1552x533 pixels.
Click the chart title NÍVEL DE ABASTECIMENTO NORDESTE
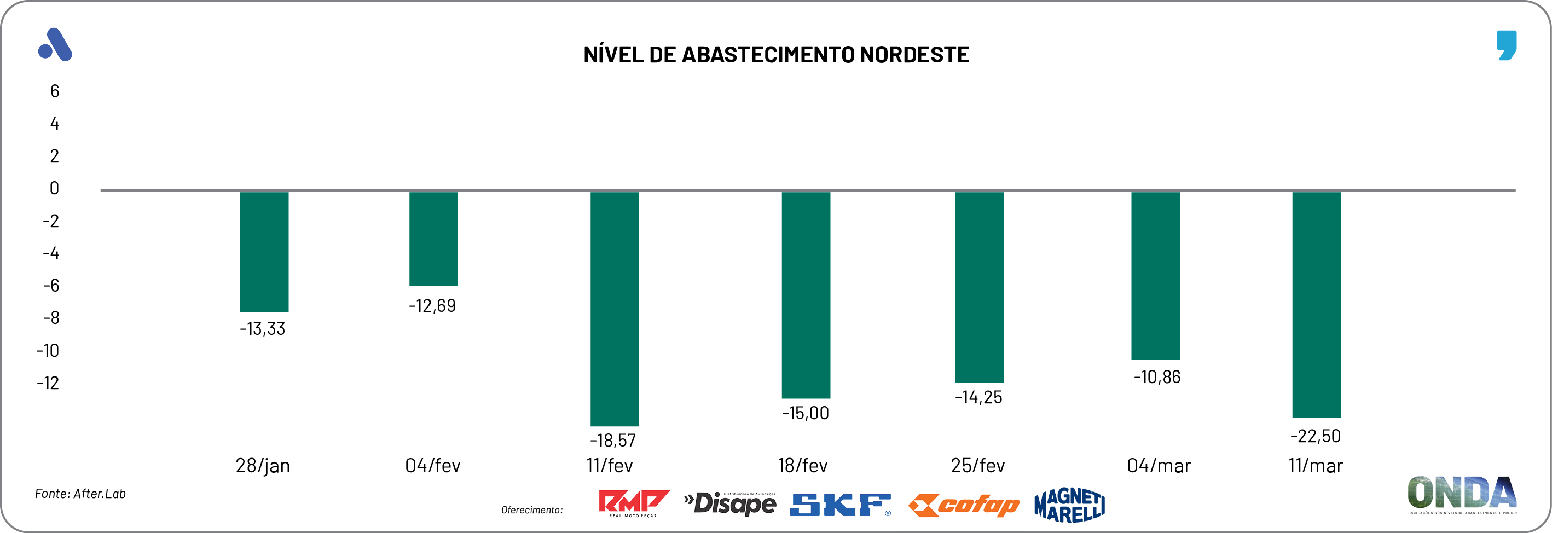click(776, 55)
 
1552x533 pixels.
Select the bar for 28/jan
click(264, 252)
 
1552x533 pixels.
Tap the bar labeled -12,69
click(433, 239)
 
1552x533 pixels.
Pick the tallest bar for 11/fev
click(615, 308)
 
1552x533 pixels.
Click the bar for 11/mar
click(1317, 305)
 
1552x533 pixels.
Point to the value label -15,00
click(805, 413)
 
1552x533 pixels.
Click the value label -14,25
click(978, 397)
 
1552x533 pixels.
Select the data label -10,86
click(1157, 377)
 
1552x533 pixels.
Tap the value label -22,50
click(1315, 436)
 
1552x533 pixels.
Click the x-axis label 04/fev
click(432, 466)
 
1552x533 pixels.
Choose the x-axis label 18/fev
click(802, 466)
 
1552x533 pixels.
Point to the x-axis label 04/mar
click(1159, 466)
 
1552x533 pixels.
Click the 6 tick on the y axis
click(55, 91)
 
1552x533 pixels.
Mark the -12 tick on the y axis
click(48, 383)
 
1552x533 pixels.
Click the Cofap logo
click(963, 505)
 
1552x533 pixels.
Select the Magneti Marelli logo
click(1069, 505)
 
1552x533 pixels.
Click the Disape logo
click(730, 503)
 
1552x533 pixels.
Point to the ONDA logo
click(1462, 494)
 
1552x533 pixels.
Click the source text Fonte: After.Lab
click(80, 494)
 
